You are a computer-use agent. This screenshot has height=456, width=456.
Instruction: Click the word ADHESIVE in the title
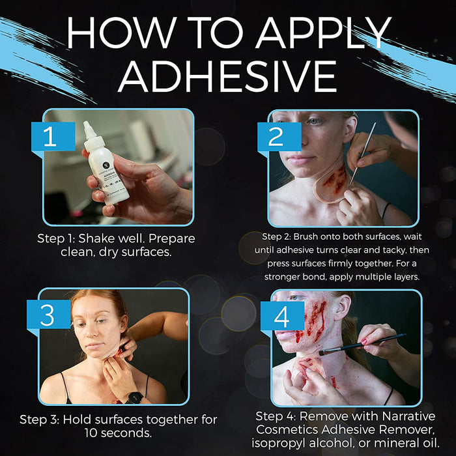(x=228, y=76)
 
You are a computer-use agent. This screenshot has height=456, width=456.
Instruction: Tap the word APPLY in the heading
(x=323, y=33)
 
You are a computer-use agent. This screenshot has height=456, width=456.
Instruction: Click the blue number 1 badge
(x=53, y=136)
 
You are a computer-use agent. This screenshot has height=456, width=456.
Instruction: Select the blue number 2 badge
(x=279, y=136)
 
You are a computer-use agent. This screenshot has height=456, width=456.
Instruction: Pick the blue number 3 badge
(x=49, y=315)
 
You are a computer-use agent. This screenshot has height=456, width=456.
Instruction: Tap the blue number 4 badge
(x=282, y=316)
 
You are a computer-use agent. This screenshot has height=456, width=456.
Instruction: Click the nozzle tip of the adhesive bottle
(x=86, y=124)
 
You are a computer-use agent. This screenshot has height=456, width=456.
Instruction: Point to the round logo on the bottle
(x=106, y=165)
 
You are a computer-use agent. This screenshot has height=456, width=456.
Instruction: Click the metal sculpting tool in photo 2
(x=362, y=154)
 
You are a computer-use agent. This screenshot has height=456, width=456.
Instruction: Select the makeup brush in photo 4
(x=362, y=344)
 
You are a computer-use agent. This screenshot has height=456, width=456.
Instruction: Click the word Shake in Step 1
(x=96, y=238)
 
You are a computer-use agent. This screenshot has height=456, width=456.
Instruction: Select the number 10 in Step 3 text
(x=91, y=433)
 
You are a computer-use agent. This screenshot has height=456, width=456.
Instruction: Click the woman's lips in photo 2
(x=297, y=160)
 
